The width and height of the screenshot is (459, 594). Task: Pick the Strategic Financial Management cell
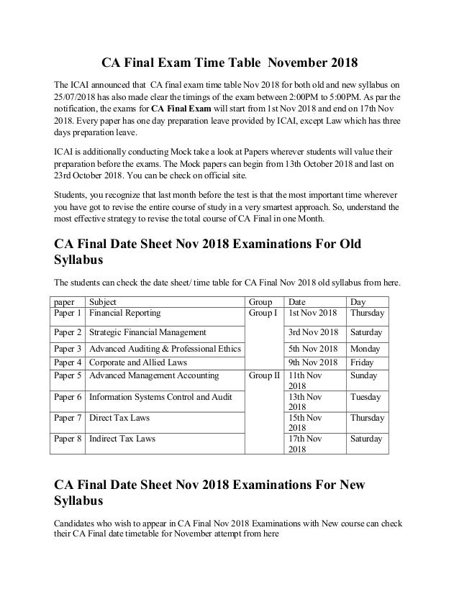[147, 332]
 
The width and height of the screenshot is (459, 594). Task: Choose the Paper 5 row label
[68, 375]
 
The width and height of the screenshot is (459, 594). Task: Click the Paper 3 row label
[68, 350]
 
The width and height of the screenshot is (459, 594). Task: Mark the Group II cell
[263, 375]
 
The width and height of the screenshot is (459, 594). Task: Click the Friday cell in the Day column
[362, 362]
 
